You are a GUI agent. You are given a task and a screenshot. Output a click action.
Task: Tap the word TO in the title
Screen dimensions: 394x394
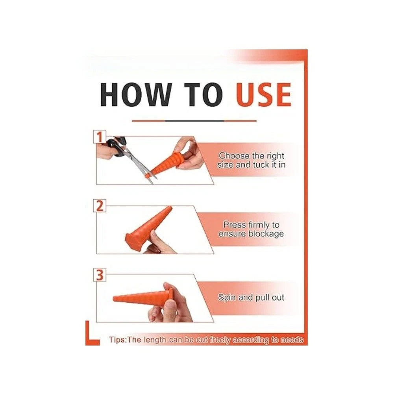pyautogui.click(x=204, y=94)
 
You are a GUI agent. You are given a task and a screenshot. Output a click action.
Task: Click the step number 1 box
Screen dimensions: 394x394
pyautogui.click(x=100, y=137)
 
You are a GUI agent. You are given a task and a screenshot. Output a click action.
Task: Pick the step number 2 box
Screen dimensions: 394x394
pyautogui.click(x=100, y=206)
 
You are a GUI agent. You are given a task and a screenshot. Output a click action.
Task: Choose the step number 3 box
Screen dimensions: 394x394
pyautogui.click(x=100, y=275)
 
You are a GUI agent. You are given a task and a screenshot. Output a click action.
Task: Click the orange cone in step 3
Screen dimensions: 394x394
pyautogui.click(x=144, y=297)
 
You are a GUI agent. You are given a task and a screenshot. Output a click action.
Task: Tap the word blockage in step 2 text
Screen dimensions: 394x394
pyautogui.click(x=266, y=234)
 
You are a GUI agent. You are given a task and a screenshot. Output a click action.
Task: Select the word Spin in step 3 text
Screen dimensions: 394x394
pyautogui.click(x=227, y=297)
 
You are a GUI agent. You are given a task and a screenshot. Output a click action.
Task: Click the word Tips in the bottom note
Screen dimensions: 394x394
pyautogui.click(x=117, y=340)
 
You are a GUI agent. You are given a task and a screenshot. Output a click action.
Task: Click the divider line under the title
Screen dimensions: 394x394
pyautogui.click(x=194, y=121)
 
